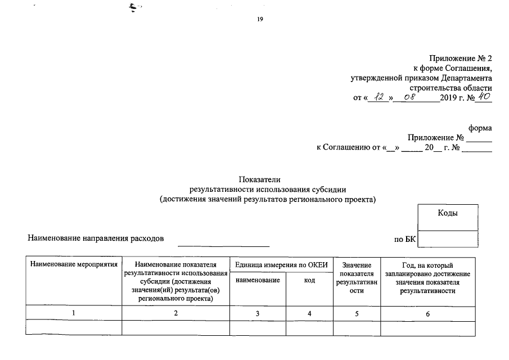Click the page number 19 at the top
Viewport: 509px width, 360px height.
click(x=260, y=20)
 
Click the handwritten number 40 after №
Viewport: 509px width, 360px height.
click(x=484, y=97)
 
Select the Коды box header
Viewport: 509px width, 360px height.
click(x=448, y=213)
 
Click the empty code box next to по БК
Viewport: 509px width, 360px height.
click(x=448, y=239)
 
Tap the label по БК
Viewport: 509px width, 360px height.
click(x=405, y=239)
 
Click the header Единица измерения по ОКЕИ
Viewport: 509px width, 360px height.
click(x=281, y=265)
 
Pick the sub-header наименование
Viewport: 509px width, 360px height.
click(x=258, y=280)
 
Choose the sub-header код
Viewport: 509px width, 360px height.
click(x=309, y=280)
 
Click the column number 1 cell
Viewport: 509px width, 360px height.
click(x=74, y=313)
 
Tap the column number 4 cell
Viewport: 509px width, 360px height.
click(x=309, y=313)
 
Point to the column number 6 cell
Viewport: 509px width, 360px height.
click(x=427, y=313)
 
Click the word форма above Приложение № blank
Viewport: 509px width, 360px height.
click(x=480, y=128)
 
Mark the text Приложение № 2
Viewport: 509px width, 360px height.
click(x=460, y=58)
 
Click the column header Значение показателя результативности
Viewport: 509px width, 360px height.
click(x=357, y=278)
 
